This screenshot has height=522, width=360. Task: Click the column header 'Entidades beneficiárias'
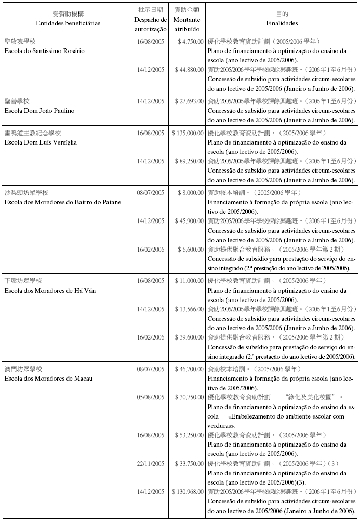[x=68, y=23]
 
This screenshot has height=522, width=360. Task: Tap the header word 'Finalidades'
[x=282, y=23]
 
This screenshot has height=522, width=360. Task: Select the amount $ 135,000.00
[x=188, y=133]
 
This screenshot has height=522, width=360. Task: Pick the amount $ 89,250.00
[x=189, y=161]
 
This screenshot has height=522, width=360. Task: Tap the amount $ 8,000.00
[x=190, y=193]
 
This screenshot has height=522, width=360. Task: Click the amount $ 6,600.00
[x=190, y=250]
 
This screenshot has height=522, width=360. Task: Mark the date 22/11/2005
[x=150, y=463]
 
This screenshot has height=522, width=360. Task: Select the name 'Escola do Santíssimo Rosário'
[x=44, y=51]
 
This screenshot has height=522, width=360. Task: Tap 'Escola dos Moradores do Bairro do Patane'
[x=62, y=202]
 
